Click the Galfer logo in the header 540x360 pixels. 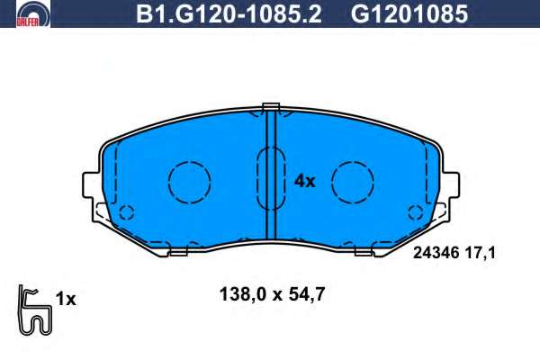click(33, 13)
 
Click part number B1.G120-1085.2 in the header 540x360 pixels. click(229, 13)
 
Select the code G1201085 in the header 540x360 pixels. click(409, 13)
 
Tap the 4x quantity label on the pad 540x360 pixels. click(304, 181)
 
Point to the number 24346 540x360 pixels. click(436, 253)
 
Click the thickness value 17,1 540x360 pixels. click(481, 254)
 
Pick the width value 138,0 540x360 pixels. click(243, 295)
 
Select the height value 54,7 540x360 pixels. click(307, 295)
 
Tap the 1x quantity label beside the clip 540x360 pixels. click(66, 299)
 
